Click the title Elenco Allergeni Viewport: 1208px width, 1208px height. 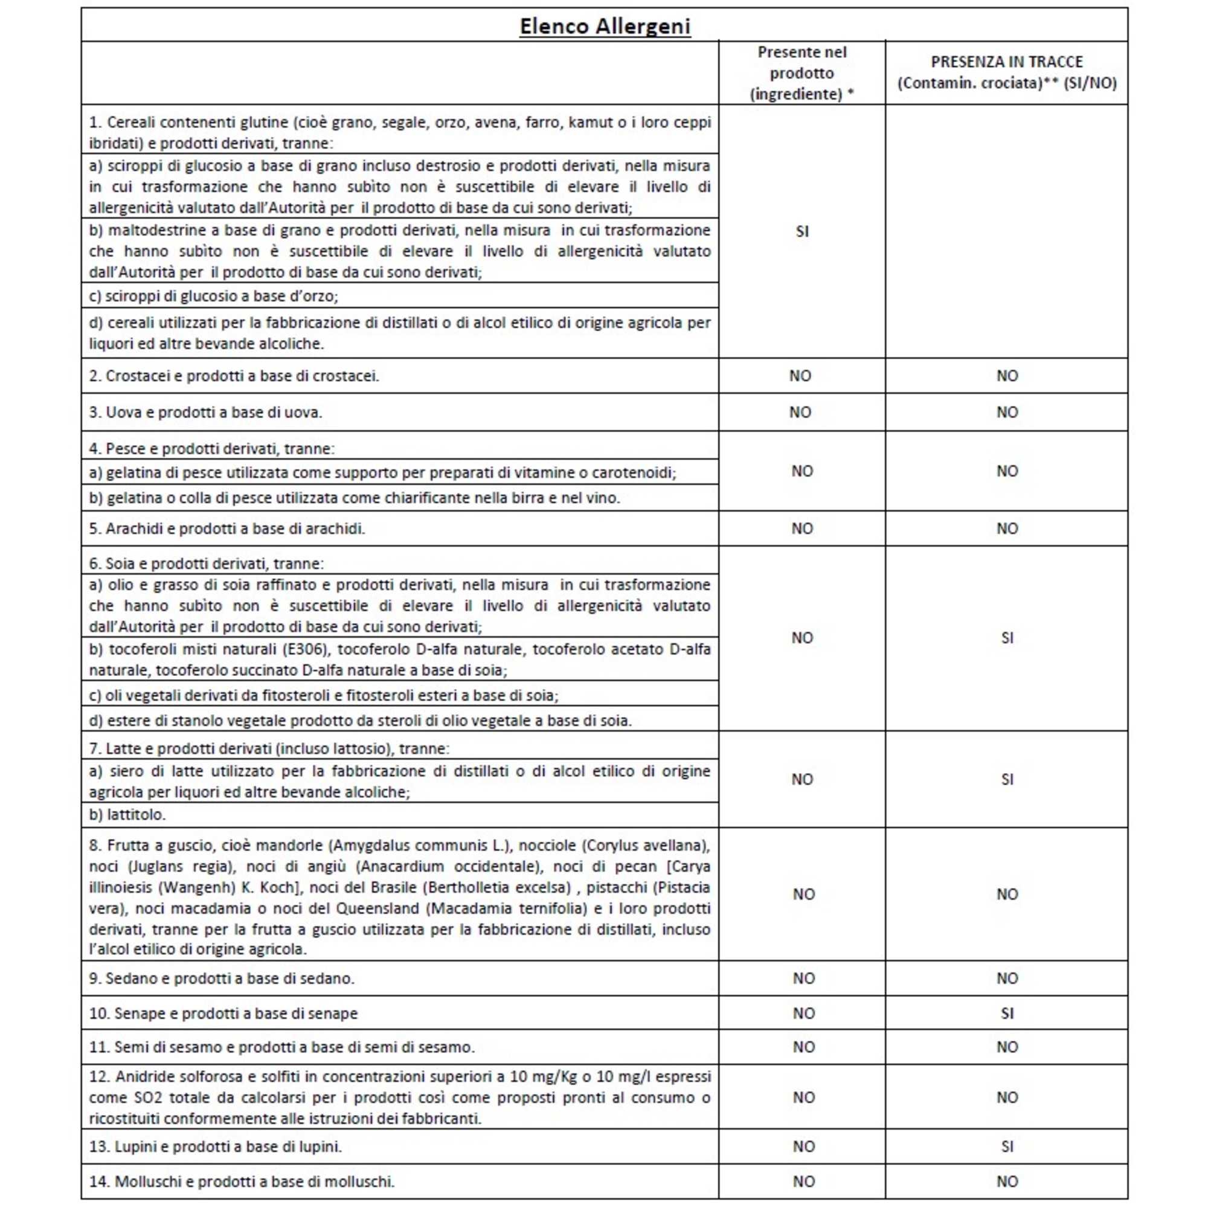pyautogui.click(x=605, y=26)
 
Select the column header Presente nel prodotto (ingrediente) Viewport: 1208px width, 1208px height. pyautogui.click(x=802, y=73)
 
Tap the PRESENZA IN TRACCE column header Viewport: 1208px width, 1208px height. pyautogui.click(x=1007, y=72)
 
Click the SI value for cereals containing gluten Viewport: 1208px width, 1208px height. pyautogui.click(x=802, y=231)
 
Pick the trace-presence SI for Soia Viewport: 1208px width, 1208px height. pyautogui.click(x=1007, y=638)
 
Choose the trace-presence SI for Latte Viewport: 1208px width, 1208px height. pyautogui.click(x=1007, y=779)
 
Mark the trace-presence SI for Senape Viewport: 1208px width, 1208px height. pyautogui.click(x=1007, y=1013)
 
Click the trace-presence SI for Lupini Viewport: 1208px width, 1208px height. pyautogui.click(x=1007, y=1146)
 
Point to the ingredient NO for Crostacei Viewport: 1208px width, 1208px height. pyautogui.click(x=800, y=376)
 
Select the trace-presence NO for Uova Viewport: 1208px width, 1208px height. pyautogui.click(x=1007, y=412)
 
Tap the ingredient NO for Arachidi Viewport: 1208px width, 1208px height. pyautogui.click(x=802, y=528)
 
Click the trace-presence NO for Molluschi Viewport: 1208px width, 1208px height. pyautogui.click(x=1007, y=1181)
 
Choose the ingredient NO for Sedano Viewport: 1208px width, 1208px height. pyautogui.click(x=803, y=978)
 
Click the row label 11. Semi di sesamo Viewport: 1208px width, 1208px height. pyautogui.click(x=281, y=1047)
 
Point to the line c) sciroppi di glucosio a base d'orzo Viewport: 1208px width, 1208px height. pyautogui.click(x=213, y=296)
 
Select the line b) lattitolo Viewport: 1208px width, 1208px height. pyautogui.click(x=127, y=815)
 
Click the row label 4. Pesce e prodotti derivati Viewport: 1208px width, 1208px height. pyautogui.click(x=211, y=448)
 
